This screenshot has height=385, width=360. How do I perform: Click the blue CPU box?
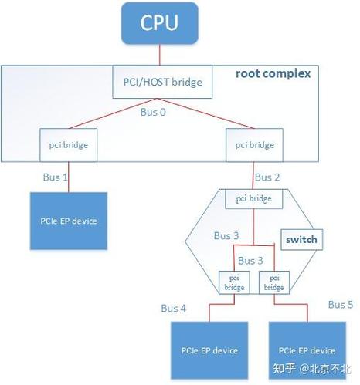(159, 22)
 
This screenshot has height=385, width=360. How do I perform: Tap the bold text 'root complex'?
(273, 74)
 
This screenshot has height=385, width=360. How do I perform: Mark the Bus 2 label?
(267, 177)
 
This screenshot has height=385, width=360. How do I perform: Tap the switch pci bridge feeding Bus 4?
(233, 282)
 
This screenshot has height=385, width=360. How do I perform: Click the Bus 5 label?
(341, 304)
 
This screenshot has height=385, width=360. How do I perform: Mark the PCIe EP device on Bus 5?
(305, 349)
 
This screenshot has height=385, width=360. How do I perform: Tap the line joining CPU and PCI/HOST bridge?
(159, 55)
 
